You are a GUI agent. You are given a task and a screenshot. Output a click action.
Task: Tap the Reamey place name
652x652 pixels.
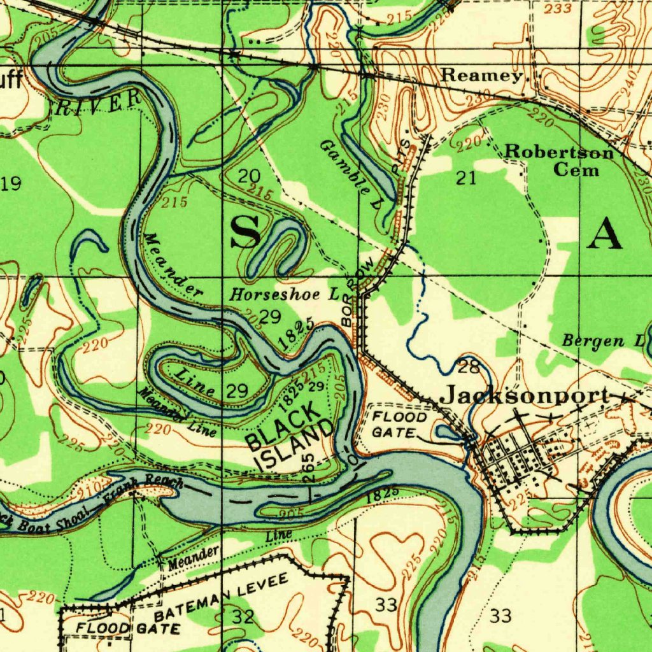tap(482, 75)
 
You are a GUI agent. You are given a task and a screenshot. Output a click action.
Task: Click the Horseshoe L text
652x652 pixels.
tap(284, 294)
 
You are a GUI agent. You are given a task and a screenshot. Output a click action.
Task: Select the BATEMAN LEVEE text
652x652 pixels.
tap(222, 597)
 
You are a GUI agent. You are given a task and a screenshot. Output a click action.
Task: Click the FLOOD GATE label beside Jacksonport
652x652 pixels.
tap(400, 425)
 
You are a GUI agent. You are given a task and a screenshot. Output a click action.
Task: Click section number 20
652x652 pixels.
tap(248, 176)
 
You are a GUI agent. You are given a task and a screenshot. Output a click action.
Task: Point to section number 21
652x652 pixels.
tap(466, 178)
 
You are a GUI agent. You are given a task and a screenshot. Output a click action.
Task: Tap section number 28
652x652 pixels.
tap(469, 366)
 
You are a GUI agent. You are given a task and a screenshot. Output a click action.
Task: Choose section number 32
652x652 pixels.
tap(243, 616)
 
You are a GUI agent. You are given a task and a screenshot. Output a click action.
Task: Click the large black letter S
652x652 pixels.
tap(245, 232)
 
